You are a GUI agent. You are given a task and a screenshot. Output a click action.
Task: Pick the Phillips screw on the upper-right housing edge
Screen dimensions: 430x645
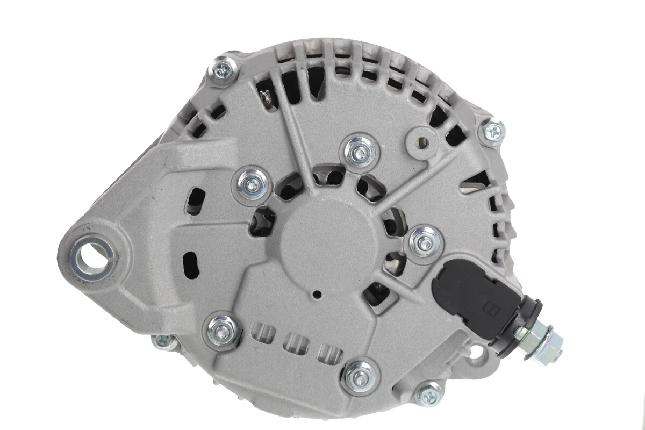tap(492, 131)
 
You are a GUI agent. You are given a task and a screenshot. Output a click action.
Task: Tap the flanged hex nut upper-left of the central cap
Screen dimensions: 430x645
tap(252, 184)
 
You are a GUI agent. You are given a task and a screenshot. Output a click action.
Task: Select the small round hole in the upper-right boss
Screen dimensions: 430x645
tap(422, 142)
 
